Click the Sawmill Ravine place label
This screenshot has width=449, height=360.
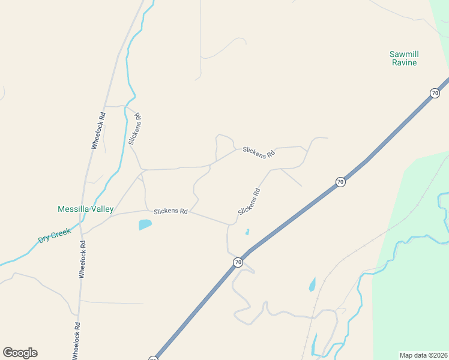click(403, 58)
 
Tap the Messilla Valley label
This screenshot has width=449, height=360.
click(85, 209)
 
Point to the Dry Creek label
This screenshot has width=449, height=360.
click(55, 235)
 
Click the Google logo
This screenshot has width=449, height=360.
click(20, 353)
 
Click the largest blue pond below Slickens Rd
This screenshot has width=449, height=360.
click(145, 225)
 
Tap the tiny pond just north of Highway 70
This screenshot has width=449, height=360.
click(247, 232)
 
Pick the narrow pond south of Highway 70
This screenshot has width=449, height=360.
click(312, 284)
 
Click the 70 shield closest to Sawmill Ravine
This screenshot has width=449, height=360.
click(435, 93)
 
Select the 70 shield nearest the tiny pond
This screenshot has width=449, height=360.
click(238, 262)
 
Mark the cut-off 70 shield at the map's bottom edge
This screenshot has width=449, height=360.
click(153, 358)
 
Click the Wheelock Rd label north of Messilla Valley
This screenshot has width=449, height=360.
click(98, 130)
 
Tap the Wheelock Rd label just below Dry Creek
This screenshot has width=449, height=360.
click(82, 259)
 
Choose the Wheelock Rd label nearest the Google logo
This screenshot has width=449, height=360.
click(76, 341)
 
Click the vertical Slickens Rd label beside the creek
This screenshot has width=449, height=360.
click(134, 129)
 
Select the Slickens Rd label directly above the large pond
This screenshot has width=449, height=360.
click(170, 211)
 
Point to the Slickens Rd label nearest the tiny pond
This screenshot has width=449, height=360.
click(249, 202)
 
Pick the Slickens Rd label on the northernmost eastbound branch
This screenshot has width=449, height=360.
click(259, 152)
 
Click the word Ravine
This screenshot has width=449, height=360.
click(403, 62)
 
